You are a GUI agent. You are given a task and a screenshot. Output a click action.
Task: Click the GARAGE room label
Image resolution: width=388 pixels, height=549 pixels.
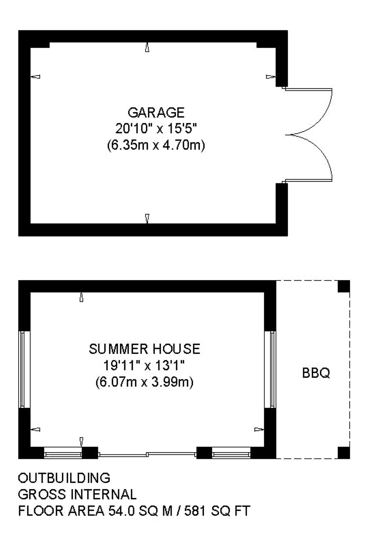156,113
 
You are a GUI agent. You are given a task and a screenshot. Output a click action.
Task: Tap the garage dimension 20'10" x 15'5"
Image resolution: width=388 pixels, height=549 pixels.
156,129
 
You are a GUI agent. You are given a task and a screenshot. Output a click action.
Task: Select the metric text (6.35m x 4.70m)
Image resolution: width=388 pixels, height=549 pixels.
156,145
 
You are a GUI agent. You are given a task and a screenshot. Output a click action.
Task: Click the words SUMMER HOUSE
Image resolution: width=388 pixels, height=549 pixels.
144,349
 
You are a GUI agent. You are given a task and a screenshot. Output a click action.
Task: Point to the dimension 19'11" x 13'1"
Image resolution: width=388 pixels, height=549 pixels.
144,366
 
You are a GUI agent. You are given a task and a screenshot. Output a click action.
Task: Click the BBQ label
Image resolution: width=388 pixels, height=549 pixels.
316,373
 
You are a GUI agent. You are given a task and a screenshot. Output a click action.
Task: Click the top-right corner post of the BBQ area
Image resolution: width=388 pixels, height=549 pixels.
344,286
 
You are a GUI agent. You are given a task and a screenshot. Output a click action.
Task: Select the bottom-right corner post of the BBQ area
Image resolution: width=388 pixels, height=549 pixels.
344,453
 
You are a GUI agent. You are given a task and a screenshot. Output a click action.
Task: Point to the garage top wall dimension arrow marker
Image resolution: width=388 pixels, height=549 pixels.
147,47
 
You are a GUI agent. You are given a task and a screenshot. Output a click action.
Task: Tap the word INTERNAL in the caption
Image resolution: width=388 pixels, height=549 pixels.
104,494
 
